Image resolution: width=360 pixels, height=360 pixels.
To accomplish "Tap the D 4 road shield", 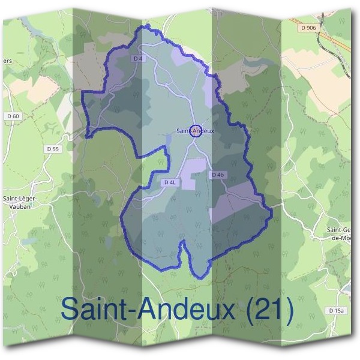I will (x=138, y=58).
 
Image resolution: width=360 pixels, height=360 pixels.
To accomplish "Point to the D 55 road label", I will (x=53, y=148).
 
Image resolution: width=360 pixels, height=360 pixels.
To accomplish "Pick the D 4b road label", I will (x=217, y=175).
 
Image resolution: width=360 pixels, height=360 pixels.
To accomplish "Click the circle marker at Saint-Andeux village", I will (x=195, y=130).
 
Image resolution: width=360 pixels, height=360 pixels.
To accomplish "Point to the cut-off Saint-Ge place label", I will (x=339, y=232).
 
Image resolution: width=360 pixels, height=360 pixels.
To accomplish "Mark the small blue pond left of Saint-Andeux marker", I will (x=169, y=139).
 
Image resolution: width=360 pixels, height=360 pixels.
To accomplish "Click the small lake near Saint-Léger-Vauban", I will (x=28, y=240).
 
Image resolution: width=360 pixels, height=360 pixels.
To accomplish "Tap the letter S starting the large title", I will (x=71, y=310).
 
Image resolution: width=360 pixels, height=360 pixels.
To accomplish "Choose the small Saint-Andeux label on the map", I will (x=195, y=130).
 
